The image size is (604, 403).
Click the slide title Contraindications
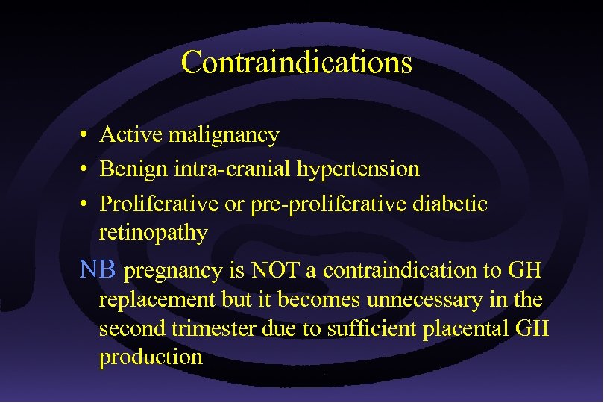[296, 62]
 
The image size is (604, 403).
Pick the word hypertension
[359, 169]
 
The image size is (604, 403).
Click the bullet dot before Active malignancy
[86, 136]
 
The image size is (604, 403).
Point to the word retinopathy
[153, 233]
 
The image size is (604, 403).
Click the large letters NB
[97, 269]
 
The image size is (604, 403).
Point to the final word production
[151, 357]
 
